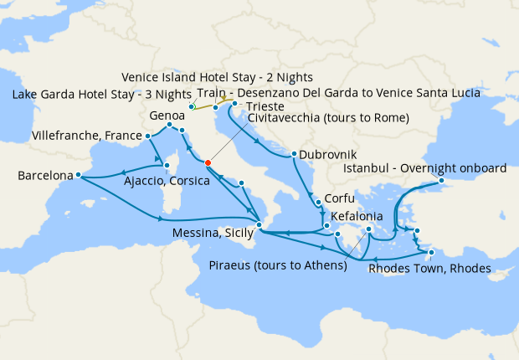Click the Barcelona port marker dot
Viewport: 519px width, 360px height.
pos(78,175)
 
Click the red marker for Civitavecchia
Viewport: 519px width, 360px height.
pos(207,163)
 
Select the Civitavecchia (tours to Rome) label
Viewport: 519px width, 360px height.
pos(328,118)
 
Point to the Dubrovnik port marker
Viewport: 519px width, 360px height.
pos(294,153)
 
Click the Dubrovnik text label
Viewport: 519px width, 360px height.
pos(328,155)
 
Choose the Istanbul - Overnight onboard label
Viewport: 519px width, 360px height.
pos(426,168)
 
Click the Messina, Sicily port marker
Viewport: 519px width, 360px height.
pos(259,224)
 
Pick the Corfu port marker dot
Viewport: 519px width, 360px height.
pos(317,202)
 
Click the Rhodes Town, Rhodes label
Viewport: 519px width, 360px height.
pos(429,268)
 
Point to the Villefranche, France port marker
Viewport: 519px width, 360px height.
pos(148,136)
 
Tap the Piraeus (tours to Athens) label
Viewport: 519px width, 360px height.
pos(277,266)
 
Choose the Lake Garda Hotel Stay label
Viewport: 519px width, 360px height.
pos(99,94)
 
